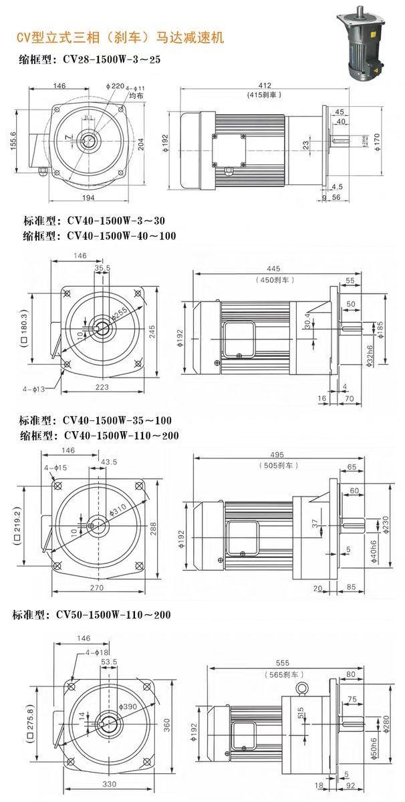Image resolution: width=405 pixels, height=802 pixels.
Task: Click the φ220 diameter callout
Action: [115, 86]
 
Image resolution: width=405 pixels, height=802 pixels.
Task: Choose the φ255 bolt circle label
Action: [121, 313]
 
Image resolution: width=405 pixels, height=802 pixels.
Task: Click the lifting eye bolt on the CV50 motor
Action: [303, 689]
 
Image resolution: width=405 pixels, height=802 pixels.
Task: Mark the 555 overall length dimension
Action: [283, 662]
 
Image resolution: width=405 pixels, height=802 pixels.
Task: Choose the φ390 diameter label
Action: [128, 706]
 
